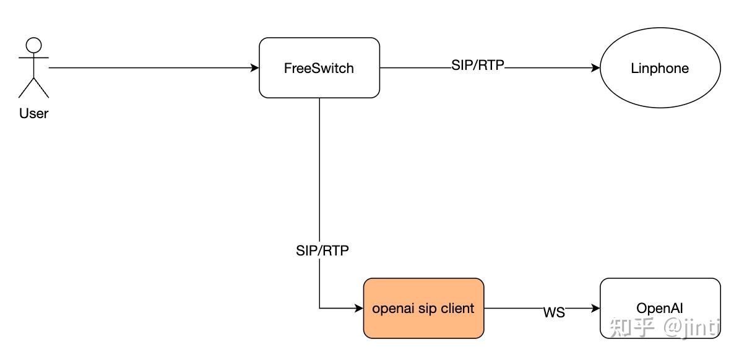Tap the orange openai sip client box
pyautogui.click(x=423, y=308)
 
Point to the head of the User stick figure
pyautogui.click(x=33, y=45)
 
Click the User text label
pyautogui.click(x=33, y=114)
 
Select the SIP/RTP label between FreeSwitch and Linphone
pyautogui.click(x=478, y=66)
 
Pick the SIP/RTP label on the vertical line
pyautogui.click(x=322, y=251)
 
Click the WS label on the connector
pyautogui.click(x=554, y=313)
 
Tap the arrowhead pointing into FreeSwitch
pyautogui.click(x=254, y=68)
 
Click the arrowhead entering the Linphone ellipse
pyautogui.click(x=595, y=68)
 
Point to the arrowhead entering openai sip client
pyautogui.click(x=358, y=308)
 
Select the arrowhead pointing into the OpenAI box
pyautogui.click(x=595, y=308)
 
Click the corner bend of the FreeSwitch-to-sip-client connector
pyautogui.click(x=319, y=308)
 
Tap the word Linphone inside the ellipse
pyautogui.click(x=660, y=69)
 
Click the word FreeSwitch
pyautogui.click(x=319, y=69)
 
